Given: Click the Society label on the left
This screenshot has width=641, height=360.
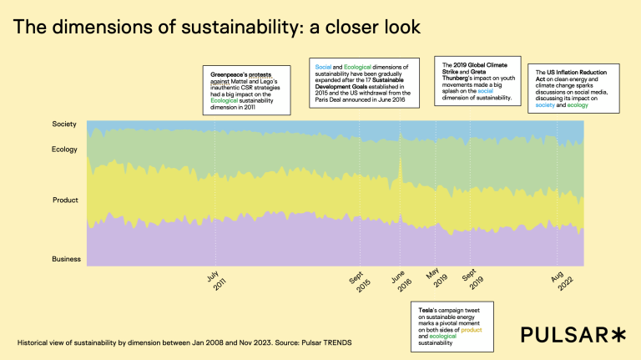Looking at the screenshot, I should pyautogui.click(x=64, y=124).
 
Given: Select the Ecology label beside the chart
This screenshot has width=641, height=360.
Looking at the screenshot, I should pyautogui.click(x=64, y=150).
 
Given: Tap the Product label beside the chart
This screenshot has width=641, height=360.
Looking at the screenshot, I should pyautogui.click(x=65, y=200).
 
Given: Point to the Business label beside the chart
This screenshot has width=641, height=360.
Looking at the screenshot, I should pyautogui.click(x=66, y=259).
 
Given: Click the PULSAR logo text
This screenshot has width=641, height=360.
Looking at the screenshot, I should pyautogui.click(x=563, y=335).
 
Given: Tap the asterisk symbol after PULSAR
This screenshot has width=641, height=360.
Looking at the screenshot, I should pyautogui.click(x=618, y=334).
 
